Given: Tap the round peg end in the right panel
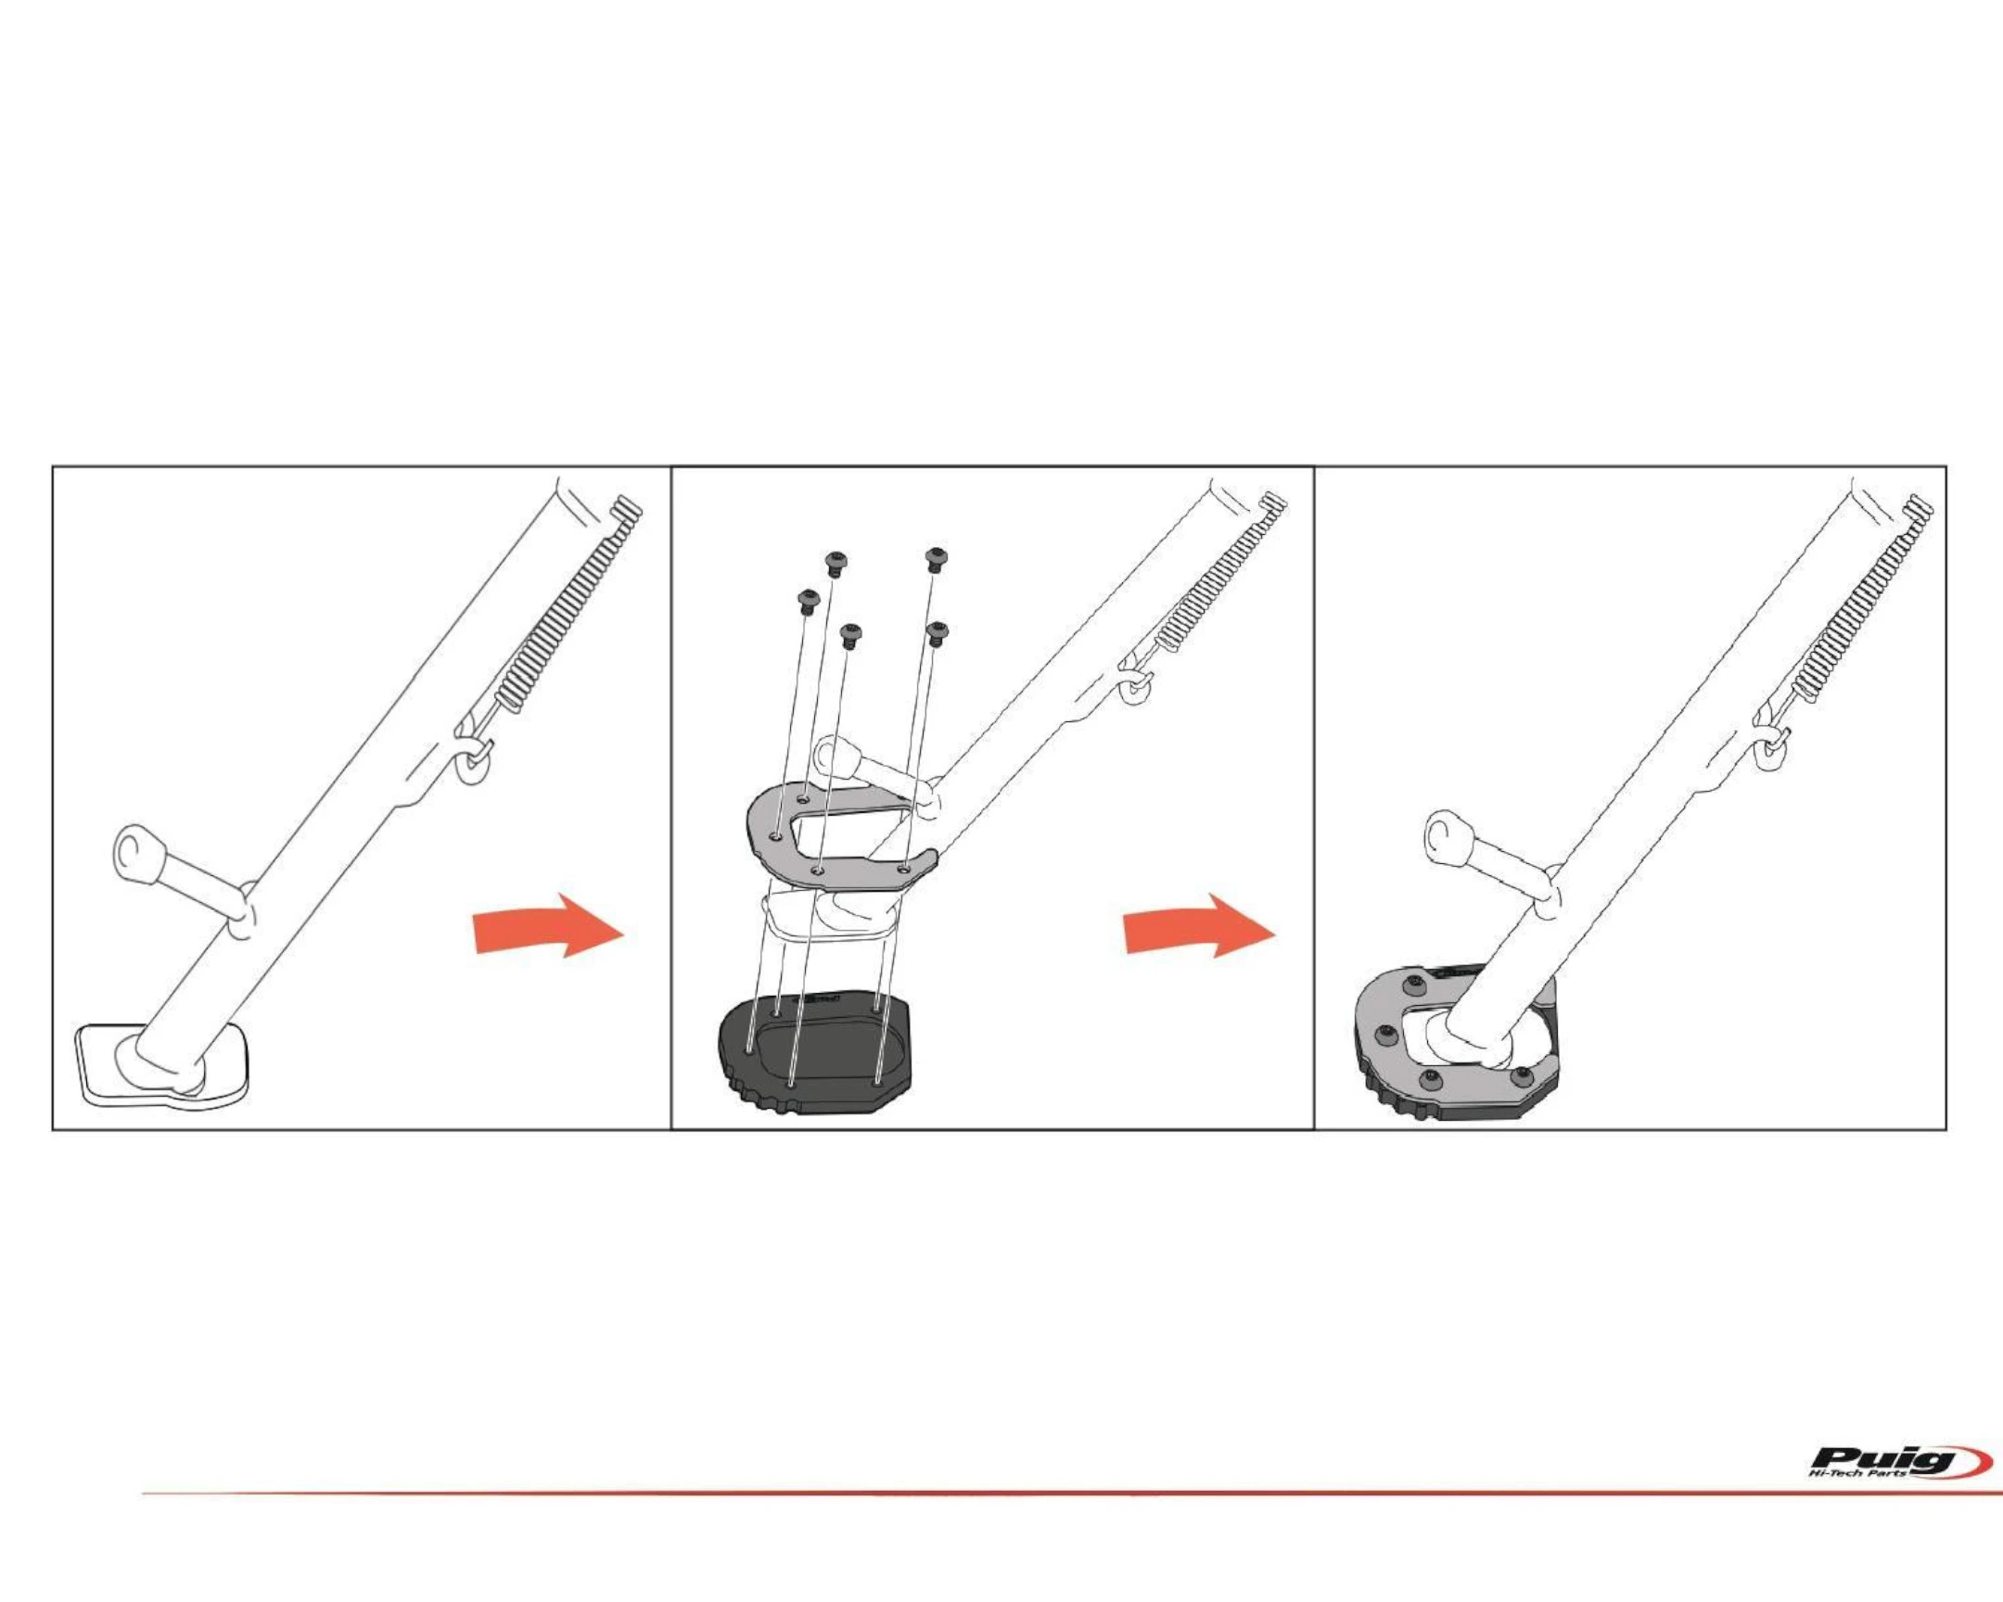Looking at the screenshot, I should pyautogui.click(x=1443, y=833).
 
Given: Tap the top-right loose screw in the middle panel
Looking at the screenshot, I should pyautogui.click(x=937, y=558).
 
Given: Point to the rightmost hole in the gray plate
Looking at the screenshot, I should pyautogui.click(x=903, y=870).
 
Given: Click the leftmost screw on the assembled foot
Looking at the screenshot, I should pyautogui.click(x=1388, y=1033).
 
